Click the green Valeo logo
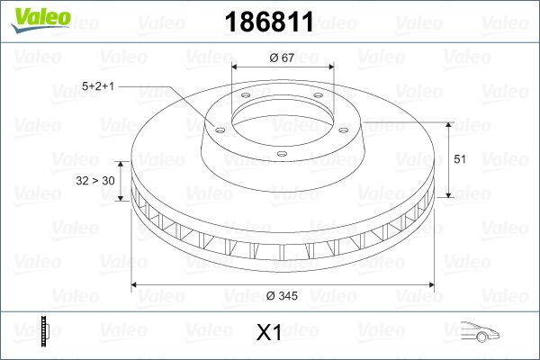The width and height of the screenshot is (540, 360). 41,19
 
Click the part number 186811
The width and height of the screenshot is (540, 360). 269,22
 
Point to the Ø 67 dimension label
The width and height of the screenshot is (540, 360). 282,58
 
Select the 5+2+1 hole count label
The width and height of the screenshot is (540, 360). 98,86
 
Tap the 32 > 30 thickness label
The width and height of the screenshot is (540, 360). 95,181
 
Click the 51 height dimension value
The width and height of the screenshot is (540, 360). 460,159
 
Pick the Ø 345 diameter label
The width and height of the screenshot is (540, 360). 282,295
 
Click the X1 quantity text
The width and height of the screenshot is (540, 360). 268,332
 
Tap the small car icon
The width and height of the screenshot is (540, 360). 480,331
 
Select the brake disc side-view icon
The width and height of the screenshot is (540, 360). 45,331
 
